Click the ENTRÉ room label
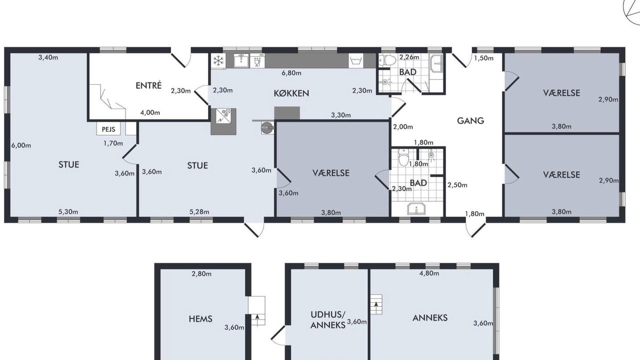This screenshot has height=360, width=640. coord(148,85)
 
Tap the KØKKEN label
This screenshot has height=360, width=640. coord(291,93)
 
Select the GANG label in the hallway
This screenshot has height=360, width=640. coord(470,121)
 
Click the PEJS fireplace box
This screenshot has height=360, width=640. coord(108,129)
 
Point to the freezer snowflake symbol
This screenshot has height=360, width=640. coord(218,61)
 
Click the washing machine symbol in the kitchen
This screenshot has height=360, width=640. coord(355,61)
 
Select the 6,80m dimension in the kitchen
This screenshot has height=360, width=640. coord(291,73)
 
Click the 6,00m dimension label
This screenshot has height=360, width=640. coord(21,145)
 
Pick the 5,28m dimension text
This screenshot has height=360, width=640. coord(199,211)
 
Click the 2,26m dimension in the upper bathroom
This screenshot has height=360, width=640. coord(409,57)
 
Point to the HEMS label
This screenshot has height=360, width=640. coord(200,319)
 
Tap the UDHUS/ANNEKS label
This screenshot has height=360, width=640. coord(328,320)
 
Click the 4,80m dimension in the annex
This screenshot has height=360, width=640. coord(429,273)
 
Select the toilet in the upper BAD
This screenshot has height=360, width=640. coord(387,59)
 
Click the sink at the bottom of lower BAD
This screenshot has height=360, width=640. coord(416,209)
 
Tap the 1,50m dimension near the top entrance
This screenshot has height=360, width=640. coord(483,58)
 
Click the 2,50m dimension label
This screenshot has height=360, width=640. coord(457,185)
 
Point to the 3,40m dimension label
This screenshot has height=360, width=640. coord(48,57)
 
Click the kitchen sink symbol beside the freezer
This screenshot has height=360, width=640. coord(241,60)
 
